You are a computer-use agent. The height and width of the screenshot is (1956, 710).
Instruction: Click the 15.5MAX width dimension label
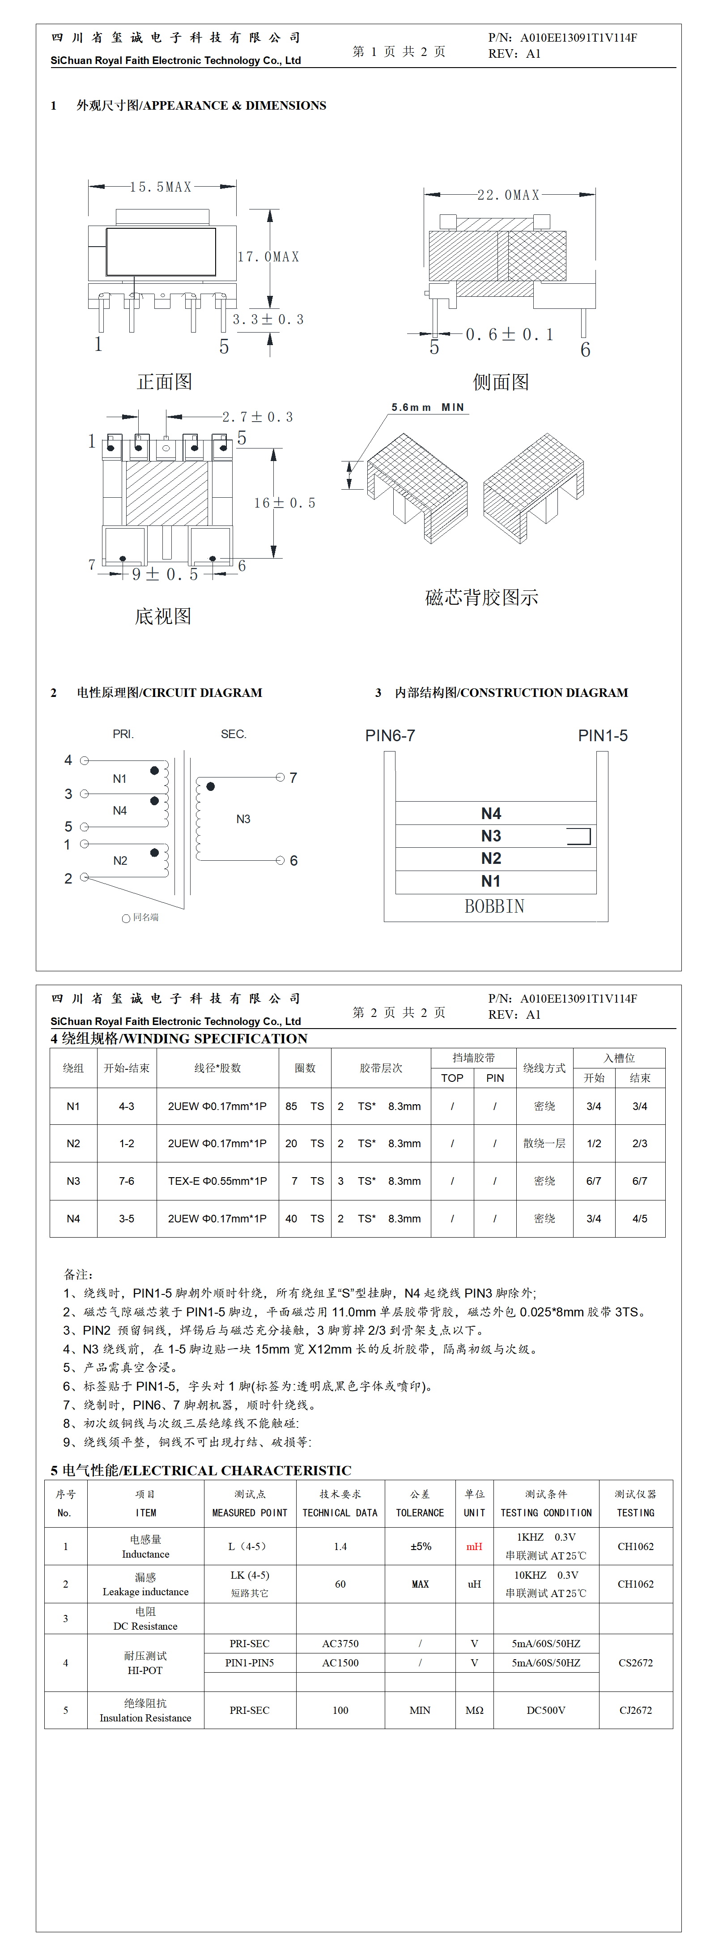tap(160, 187)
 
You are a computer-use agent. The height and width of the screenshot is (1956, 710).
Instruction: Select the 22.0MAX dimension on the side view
tap(508, 195)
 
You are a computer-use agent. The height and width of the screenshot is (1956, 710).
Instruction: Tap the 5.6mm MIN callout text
tap(428, 408)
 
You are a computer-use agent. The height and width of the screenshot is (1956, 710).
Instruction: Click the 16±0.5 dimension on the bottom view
tap(284, 503)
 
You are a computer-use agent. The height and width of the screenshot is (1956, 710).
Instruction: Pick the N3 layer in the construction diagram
tap(491, 836)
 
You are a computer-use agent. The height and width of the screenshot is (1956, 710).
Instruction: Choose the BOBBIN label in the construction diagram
tap(494, 906)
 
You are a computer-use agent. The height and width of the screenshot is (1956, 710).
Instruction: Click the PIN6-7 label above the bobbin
tap(390, 735)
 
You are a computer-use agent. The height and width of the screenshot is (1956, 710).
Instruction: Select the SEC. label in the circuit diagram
tap(233, 734)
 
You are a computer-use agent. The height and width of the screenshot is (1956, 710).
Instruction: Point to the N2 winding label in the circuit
tap(120, 860)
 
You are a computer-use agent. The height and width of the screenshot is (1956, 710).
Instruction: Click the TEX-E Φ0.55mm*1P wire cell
tap(217, 1181)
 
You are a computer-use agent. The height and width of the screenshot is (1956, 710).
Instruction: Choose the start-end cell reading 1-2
tap(126, 1144)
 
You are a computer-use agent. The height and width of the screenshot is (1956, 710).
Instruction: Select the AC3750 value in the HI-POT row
tap(340, 1643)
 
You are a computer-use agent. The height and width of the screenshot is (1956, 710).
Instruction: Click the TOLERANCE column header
tap(420, 1512)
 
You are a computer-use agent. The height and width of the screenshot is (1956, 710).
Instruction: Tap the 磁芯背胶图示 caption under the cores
tap(481, 598)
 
